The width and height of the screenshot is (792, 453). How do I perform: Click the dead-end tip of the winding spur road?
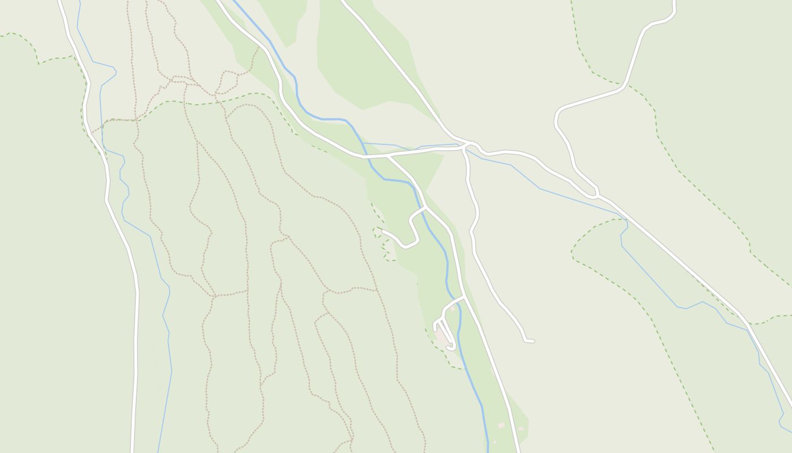coord(383,231)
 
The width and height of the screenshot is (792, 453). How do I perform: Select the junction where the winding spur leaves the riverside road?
coord(425,207)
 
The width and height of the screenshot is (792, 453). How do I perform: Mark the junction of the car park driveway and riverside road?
coord(464,296)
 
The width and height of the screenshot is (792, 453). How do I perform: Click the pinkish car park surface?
coord(441,335)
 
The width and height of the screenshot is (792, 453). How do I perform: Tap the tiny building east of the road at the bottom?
coord(501,425)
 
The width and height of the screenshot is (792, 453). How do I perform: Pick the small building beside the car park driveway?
coord(452,309)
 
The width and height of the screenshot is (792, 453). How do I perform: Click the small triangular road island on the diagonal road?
coord(593,193)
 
